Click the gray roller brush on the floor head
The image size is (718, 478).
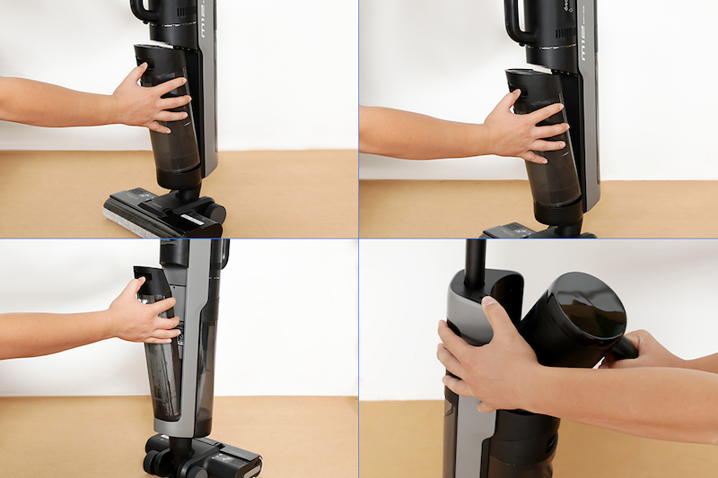126,219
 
